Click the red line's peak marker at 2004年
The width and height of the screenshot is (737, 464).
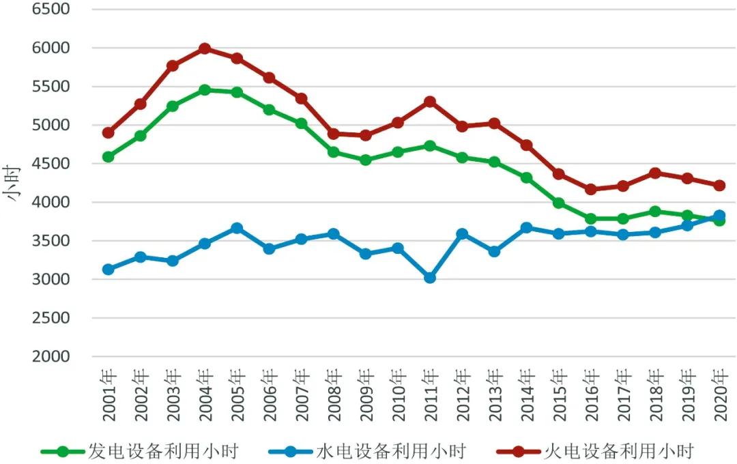[204, 48]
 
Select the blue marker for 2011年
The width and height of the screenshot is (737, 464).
[430, 278]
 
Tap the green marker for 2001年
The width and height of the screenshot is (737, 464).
[108, 157]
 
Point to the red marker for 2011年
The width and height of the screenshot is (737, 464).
[430, 102]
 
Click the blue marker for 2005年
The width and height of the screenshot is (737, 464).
[236, 228]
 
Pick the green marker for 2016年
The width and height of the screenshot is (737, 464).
[590, 219]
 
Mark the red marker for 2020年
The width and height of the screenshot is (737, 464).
[719, 186]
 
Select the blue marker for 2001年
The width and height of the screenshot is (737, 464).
[108, 270]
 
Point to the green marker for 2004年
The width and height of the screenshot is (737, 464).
[204, 90]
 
